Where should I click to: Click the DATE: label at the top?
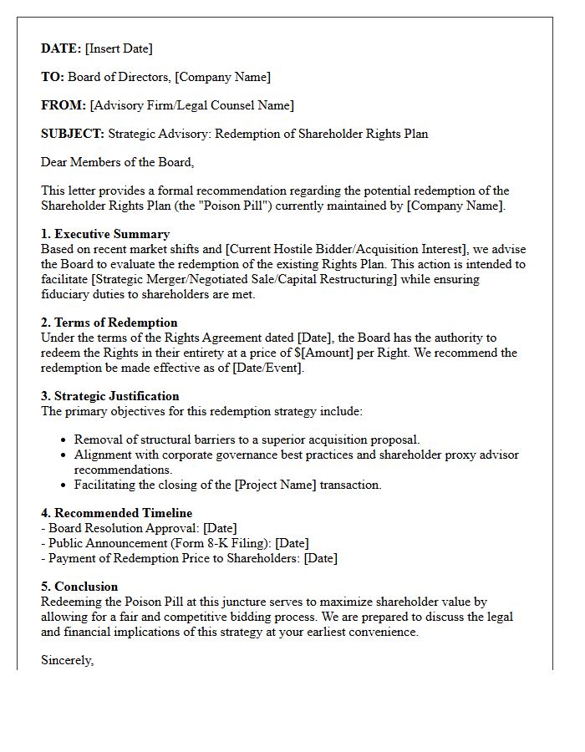[x=61, y=48]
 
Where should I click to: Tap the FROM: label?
[x=64, y=105]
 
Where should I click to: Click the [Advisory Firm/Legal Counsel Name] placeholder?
[x=192, y=105]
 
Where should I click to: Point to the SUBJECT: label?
[x=73, y=134]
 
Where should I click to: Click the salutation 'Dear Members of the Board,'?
[x=117, y=162]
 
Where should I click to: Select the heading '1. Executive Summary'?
[x=105, y=234]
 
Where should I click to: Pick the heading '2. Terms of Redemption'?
[x=109, y=323]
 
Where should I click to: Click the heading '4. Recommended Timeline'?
[x=116, y=513]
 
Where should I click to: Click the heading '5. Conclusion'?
[x=79, y=587]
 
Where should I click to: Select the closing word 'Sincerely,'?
[x=68, y=660]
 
